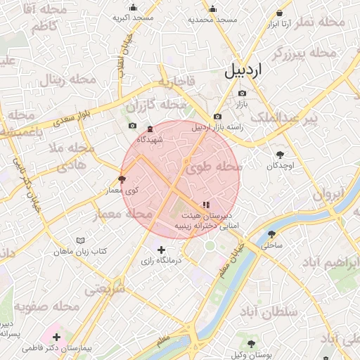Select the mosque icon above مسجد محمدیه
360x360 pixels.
coord(213,9)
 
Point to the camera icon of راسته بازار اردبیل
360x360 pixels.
coord(217,116)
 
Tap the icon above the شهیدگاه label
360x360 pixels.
coord(150,129)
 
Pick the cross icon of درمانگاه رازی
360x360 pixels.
coord(162,250)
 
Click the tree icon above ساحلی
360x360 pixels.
coord(271,235)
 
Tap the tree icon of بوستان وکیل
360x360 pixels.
coord(251,343)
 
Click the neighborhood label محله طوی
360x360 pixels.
coord(213,167)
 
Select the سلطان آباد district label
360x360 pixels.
coord(269,311)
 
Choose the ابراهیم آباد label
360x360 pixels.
coord(328,262)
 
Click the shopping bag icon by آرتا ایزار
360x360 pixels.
coord(280,13)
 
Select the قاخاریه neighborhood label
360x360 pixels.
coord(176,82)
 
